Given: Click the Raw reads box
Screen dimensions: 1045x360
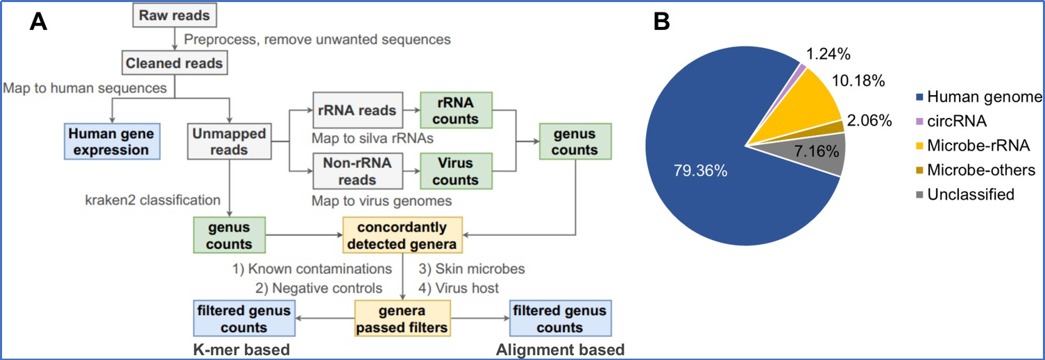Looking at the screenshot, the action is pyautogui.click(x=174, y=15).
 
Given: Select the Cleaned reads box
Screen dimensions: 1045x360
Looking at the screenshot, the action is pyautogui.click(x=174, y=63).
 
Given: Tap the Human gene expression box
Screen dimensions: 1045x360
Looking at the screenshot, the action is pyautogui.click(x=112, y=142).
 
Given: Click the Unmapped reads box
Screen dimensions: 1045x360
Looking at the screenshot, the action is pyautogui.click(x=229, y=142).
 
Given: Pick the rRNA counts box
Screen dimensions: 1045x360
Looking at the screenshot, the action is pyautogui.click(x=456, y=110).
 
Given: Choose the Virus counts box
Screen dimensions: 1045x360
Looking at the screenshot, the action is pyautogui.click(x=456, y=171).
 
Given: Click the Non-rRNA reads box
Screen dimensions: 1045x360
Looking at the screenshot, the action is pyautogui.click(x=357, y=171).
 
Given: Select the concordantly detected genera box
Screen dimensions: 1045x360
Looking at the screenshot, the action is pyautogui.click(x=402, y=235).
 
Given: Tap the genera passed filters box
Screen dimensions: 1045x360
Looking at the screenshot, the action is pyautogui.click(x=402, y=318).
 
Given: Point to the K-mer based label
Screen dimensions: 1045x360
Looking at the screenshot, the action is pyautogui.click(x=241, y=350).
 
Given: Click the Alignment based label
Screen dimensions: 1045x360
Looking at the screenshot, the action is pyautogui.click(x=560, y=350).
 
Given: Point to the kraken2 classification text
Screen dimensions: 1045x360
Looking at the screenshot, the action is pyautogui.click(x=153, y=200).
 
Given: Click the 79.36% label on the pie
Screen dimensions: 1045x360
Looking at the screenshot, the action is pyautogui.click(x=700, y=171).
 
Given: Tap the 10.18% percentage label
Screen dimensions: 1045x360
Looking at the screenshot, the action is pyautogui.click(x=858, y=80).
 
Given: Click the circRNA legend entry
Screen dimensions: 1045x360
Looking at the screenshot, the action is pyautogui.click(x=951, y=121).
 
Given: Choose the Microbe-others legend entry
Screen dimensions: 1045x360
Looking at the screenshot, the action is pyautogui.click(x=976, y=170).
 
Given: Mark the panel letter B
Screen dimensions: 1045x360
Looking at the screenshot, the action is pyautogui.click(x=661, y=22).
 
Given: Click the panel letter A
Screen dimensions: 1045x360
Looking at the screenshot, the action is pyautogui.click(x=38, y=22).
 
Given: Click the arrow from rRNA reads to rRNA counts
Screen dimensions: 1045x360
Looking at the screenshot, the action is pyautogui.click(x=411, y=110).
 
